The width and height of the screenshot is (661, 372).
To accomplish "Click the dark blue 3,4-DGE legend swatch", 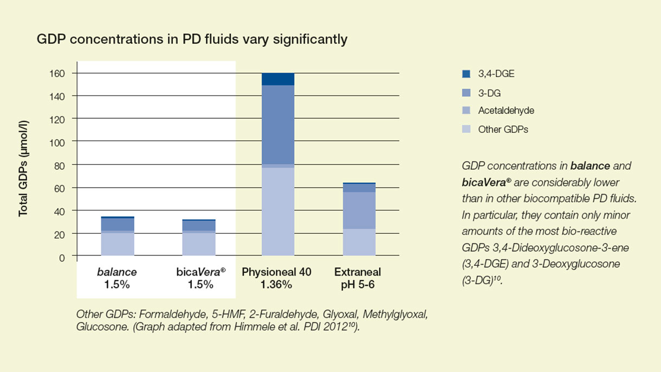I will (466, 74).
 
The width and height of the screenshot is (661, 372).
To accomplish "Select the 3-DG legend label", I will (489, 93).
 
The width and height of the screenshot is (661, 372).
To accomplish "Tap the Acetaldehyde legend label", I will (506, 111).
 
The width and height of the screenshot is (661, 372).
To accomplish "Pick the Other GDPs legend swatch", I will (466, 130).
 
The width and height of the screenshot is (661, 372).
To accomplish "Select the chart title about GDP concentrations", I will (192, 40).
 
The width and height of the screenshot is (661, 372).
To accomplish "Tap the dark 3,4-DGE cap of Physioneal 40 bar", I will (278, 79).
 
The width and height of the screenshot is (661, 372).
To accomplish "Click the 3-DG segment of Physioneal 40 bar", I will (278, 124).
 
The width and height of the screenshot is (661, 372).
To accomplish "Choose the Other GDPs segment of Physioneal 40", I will (278, 211).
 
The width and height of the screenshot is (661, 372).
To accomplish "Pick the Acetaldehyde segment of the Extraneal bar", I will (359, 210).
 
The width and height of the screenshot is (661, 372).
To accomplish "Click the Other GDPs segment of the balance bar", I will (118, 244).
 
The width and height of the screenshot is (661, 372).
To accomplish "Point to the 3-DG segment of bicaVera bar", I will (199, 226).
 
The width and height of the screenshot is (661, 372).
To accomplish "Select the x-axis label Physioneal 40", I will (276, 272).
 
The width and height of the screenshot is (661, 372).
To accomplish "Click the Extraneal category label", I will (358, 272).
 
